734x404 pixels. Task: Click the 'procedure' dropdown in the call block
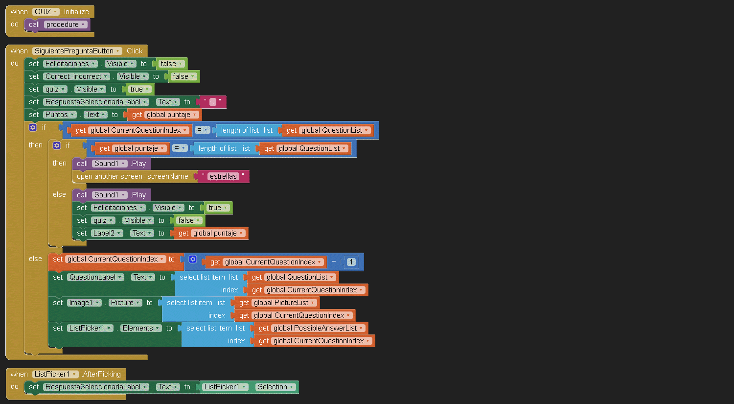tap(66, 24)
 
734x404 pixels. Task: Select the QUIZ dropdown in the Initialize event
tap(46, 12)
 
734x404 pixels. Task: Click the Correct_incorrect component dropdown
tap(76, 76)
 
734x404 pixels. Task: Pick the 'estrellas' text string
tap(223, 176)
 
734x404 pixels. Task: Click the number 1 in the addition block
tap(351, 262)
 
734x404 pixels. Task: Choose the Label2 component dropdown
tap(107, 233)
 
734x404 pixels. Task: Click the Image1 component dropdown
tap(84, 303)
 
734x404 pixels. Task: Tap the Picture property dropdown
tap(125, 303)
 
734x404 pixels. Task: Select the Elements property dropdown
tap(141, 328)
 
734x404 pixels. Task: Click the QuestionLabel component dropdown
tap(95, 277)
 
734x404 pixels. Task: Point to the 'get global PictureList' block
tap(277, 303)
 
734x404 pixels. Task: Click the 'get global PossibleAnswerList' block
tap(311, 328)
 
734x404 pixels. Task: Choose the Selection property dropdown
tap(275, 387)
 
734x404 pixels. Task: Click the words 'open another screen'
tap(109, 176)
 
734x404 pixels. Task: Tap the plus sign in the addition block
tap(334, 261)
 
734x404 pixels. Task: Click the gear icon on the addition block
tap(193, 259)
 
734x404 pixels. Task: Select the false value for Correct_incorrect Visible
tap(183, 76)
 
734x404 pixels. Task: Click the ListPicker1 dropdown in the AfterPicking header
tap(55, 374)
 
